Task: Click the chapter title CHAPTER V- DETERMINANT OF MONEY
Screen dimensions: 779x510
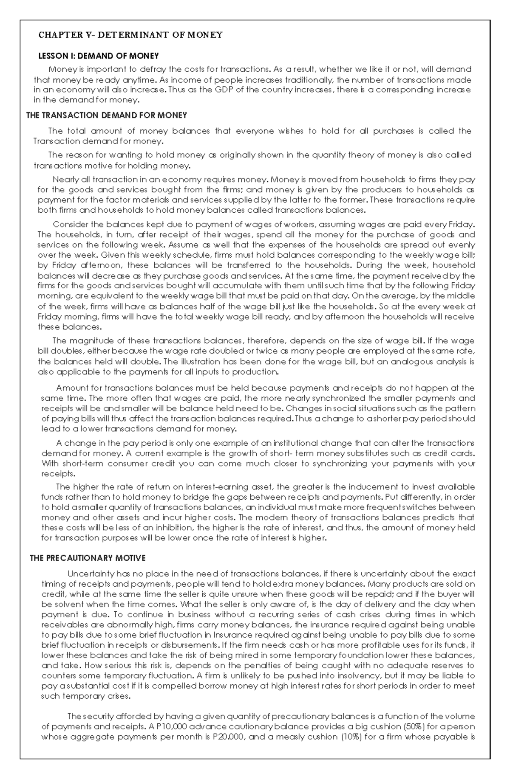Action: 130,35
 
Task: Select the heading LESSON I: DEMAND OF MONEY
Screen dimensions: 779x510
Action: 99,56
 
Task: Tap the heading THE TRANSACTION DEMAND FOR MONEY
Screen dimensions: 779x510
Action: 106,115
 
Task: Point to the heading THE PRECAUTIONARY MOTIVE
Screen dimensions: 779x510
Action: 88,558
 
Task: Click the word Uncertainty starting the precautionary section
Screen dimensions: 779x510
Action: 88,574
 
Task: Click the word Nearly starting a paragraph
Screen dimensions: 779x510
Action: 65,180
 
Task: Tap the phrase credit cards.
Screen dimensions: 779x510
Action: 452,453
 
